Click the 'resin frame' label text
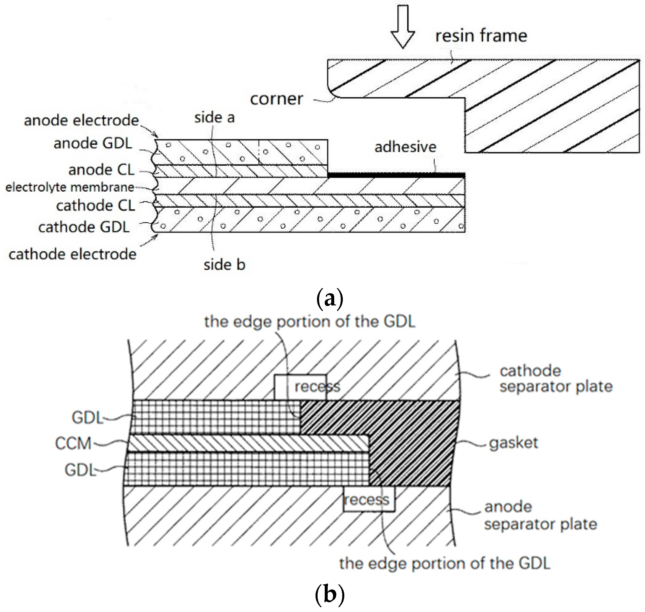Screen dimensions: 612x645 point(481,36)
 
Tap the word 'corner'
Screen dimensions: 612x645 point(276,99)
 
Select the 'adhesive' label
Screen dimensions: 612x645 point(405,147)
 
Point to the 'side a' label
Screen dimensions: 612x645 point(214,117)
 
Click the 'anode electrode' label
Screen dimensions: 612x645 point(81,120)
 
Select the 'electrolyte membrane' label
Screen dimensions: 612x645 point(70,187)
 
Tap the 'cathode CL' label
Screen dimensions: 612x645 point(95,206)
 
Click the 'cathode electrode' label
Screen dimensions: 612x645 point(72,254)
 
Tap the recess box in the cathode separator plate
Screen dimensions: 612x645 point(300,387)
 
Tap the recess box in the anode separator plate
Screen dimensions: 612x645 point(369,499)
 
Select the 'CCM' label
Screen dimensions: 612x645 point(73,444)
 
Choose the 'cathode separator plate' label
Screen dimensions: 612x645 point(555,379)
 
